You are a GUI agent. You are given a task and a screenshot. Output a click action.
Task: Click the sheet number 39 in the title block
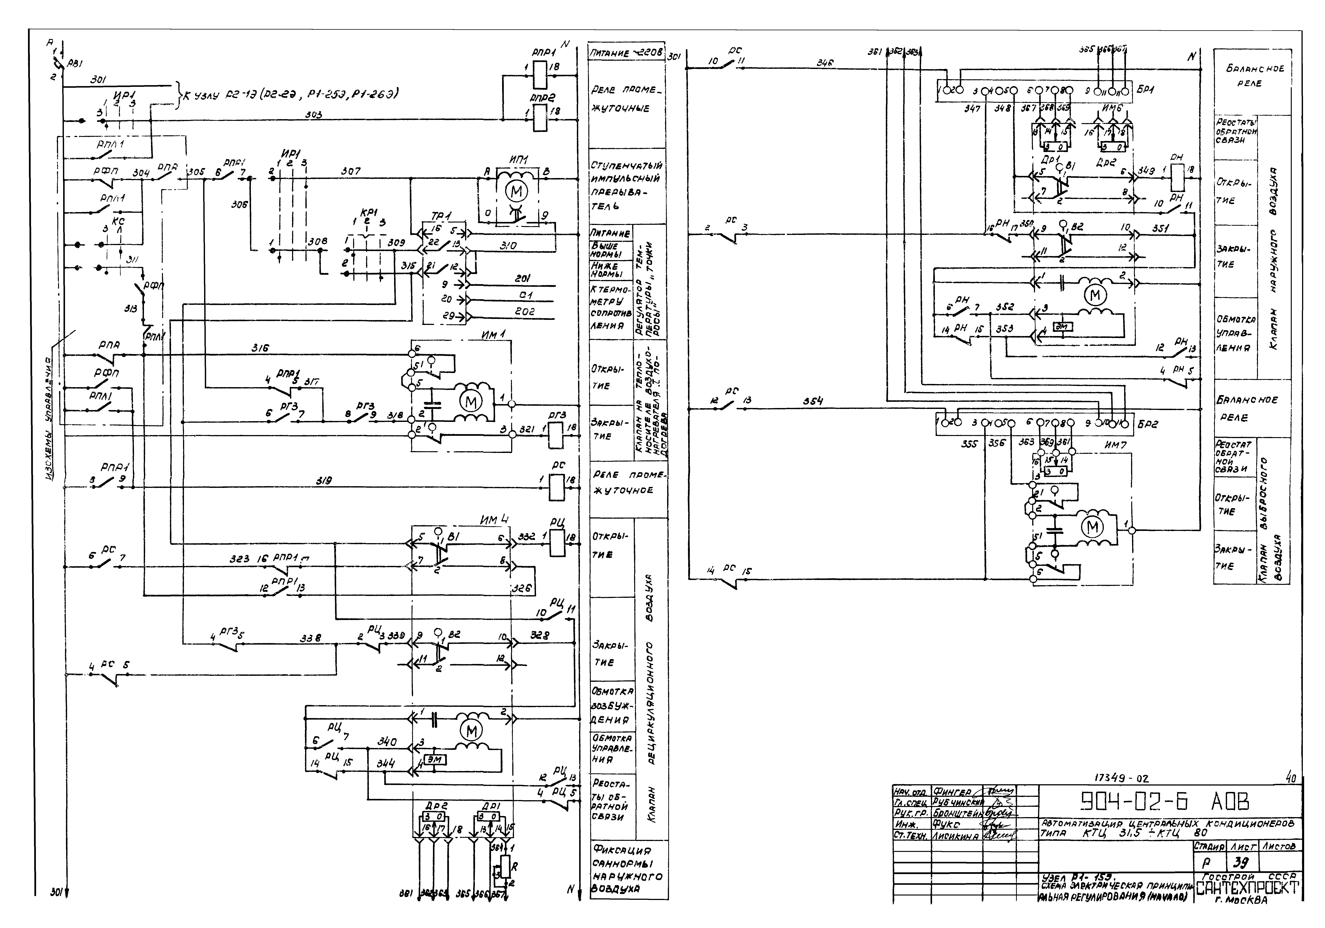1239,863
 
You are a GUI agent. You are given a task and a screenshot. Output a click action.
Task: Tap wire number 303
314,115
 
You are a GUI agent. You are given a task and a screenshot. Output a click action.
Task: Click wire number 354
812,401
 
